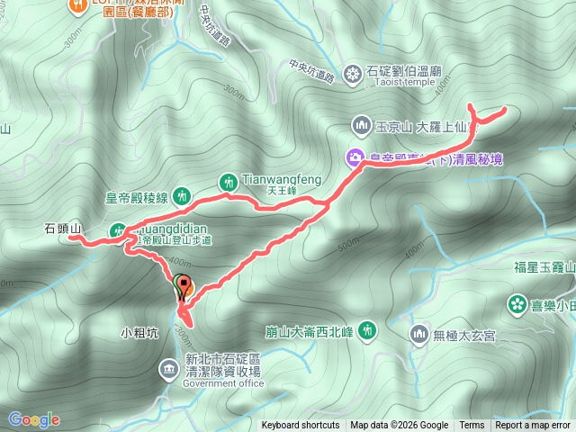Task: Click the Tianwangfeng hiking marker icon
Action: [229, 183]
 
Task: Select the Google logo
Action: [34, 419]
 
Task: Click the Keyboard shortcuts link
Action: [301, 426]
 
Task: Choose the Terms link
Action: [472, 426]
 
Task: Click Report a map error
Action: [534, 426]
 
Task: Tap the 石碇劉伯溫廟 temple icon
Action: [352, 74]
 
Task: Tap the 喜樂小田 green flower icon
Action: [517, 304]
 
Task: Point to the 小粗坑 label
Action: [139, 332]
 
